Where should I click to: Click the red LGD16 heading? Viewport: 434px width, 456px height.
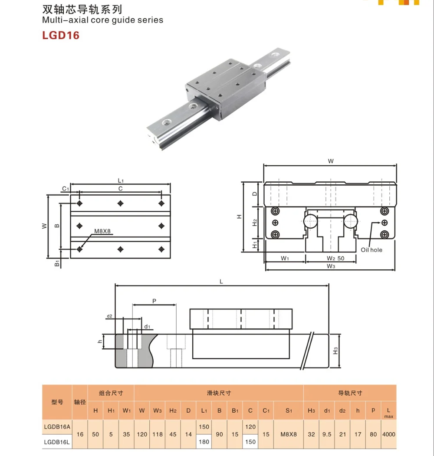pyautogui.click(x=60, y=35)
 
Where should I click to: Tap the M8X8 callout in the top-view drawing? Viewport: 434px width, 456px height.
pyautogui.click(x=102, y=231)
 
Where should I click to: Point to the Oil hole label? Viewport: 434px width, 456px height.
pyautogui.click(x=372, y=250)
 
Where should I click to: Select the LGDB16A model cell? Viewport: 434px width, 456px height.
pyautogui.click(x=57, y=426)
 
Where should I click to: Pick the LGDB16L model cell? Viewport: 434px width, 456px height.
pyautogui.click(x=57, y=442)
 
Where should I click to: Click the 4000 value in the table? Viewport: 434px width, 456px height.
pyautogui.click(x=388, y=434)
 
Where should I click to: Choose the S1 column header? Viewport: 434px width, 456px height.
pyautogui.click(x=289, y=410)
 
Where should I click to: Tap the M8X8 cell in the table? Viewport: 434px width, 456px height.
pyautogui.click(x=289, y=434)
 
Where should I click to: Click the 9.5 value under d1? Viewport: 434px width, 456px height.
pyautogui.click(x=327, y=434)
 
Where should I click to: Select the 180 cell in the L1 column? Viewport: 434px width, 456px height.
pyautogui.click(x=204, y=442)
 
